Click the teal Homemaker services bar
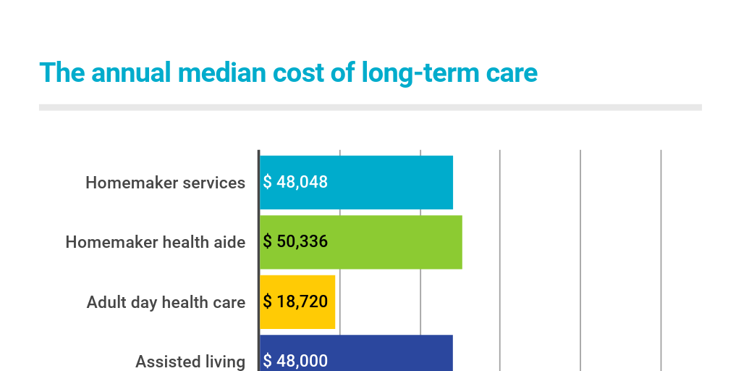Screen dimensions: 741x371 point(356,182)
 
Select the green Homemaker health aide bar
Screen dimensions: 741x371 point(361,242)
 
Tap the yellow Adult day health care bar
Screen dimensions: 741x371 point(297,302)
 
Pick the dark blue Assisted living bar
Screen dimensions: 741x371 point(356,353)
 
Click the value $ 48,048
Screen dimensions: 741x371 point(295,182)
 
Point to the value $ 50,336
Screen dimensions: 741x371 point(295,242)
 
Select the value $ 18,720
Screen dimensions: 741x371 point(295,302)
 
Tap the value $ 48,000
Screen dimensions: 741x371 point(295,361)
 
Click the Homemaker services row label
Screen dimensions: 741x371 point(166,183)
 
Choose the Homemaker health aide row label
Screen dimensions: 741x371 point(156,242)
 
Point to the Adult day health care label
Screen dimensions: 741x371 point(166,302)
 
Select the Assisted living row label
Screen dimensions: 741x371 point(190,362)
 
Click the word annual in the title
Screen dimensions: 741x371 point(131,73)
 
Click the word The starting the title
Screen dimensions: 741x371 point(62,73)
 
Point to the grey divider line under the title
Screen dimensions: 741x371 point(370,107)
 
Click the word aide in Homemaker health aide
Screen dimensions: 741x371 point(230,242)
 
